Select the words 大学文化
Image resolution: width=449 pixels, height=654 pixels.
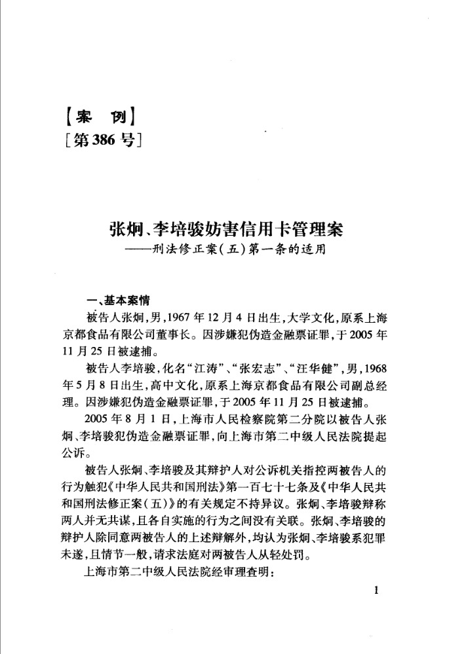[x=309, y=319]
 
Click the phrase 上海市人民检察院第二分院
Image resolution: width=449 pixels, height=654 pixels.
[x=231, y=417]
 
